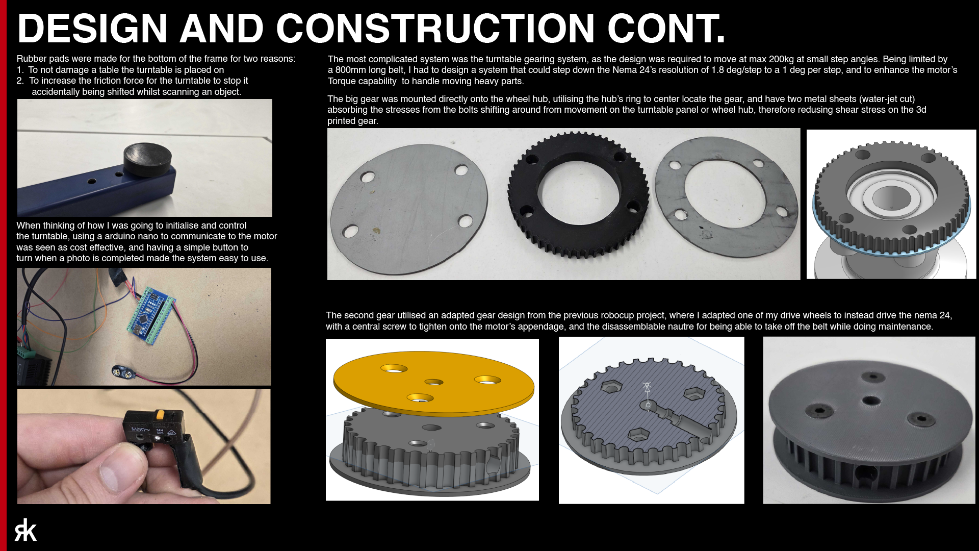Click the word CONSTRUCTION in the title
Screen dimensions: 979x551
435,29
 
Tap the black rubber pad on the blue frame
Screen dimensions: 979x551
148,159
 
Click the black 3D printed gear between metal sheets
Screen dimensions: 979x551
578,194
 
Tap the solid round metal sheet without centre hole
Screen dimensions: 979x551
409,203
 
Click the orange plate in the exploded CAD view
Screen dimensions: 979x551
433,383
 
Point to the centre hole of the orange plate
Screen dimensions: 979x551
433,382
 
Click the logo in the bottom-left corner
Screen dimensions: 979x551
25,530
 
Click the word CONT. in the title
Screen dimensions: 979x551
666,29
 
